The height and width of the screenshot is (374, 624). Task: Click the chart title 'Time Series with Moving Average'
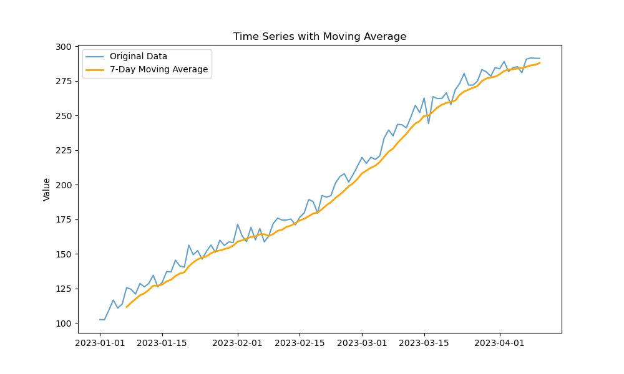pos(319,37)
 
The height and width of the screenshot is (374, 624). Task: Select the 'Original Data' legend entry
pos(138,56)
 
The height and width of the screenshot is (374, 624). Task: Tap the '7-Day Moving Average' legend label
pos(158,70)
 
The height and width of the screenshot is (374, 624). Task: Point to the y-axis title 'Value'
pos(47,189)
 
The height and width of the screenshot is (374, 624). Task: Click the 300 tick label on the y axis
pos(62,47)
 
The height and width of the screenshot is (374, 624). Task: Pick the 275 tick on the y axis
pos(62,82)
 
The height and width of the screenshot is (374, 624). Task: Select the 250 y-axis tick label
pos(62,116)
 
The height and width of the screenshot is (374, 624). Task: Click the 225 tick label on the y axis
pos(62,151)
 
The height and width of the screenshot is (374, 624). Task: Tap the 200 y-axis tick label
pos(62,185)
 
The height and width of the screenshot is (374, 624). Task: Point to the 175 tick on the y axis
pos(62,220)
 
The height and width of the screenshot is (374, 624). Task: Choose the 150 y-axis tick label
pos(62,254)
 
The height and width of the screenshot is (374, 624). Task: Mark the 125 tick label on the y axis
pos(62,289)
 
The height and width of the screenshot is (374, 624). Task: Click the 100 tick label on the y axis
pos(62,324)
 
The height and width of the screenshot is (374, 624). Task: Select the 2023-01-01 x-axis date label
pos(100,342)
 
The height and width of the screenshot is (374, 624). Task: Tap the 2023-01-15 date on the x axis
pos(162,342)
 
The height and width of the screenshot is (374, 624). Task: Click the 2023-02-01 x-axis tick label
pos(238,342)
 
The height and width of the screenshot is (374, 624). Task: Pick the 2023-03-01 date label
pos(362,342)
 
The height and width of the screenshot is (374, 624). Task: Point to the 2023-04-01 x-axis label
pos(500,342)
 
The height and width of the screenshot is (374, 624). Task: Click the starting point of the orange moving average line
pos(127,307)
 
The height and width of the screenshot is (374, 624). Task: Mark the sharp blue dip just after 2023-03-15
pos(429,123)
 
